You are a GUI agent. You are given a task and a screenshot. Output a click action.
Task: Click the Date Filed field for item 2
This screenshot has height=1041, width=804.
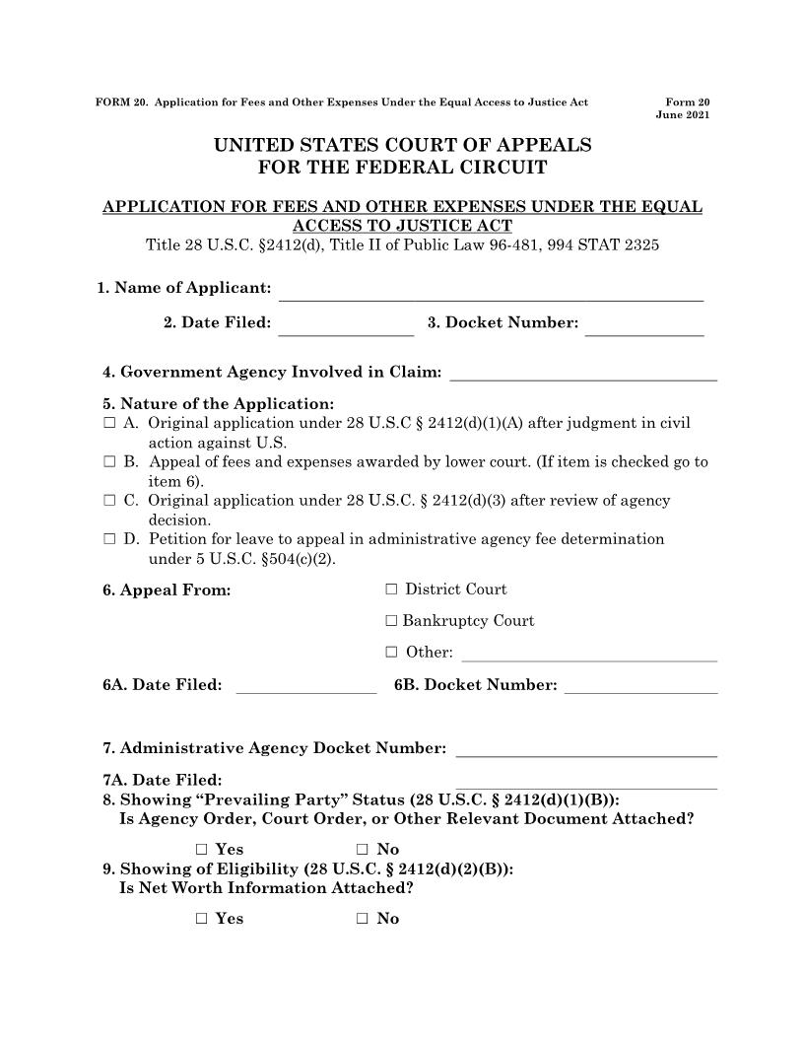(346, 324)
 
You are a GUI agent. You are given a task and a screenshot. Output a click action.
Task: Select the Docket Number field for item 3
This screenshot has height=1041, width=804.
(644, 324)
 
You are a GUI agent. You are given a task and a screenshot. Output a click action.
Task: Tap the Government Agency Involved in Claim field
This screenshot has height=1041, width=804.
(582, 372)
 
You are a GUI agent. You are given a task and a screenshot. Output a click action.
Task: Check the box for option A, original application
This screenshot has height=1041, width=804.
(108, 424)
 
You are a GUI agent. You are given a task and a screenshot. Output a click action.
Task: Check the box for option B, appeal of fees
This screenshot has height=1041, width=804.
(108, 462)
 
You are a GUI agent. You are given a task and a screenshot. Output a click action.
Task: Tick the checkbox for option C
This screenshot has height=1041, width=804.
(108, 501)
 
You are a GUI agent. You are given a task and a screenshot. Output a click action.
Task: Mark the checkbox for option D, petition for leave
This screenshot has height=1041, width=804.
(108, 540)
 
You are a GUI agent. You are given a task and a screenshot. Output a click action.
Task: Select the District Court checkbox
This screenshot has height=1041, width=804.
(391, 590)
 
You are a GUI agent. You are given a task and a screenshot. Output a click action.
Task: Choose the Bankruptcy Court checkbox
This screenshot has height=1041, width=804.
(391, 621)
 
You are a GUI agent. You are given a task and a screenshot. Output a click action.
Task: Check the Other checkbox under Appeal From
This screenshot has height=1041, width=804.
(391, 653)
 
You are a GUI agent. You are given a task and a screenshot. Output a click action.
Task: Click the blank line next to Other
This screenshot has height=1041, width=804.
(589, 653)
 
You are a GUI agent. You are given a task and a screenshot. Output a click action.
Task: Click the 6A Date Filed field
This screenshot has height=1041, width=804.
(306, 685)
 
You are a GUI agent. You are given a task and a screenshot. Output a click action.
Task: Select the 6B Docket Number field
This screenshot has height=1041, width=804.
(640, 685)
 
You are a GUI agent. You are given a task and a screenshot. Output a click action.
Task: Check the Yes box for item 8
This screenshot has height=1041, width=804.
(201, 850)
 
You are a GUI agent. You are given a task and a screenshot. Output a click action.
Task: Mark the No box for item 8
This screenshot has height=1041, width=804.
(363, 850)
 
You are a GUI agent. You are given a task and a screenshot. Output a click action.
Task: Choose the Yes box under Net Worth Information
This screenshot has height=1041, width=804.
(201, 919)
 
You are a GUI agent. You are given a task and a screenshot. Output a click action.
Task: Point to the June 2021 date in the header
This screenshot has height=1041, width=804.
(682, 115)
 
